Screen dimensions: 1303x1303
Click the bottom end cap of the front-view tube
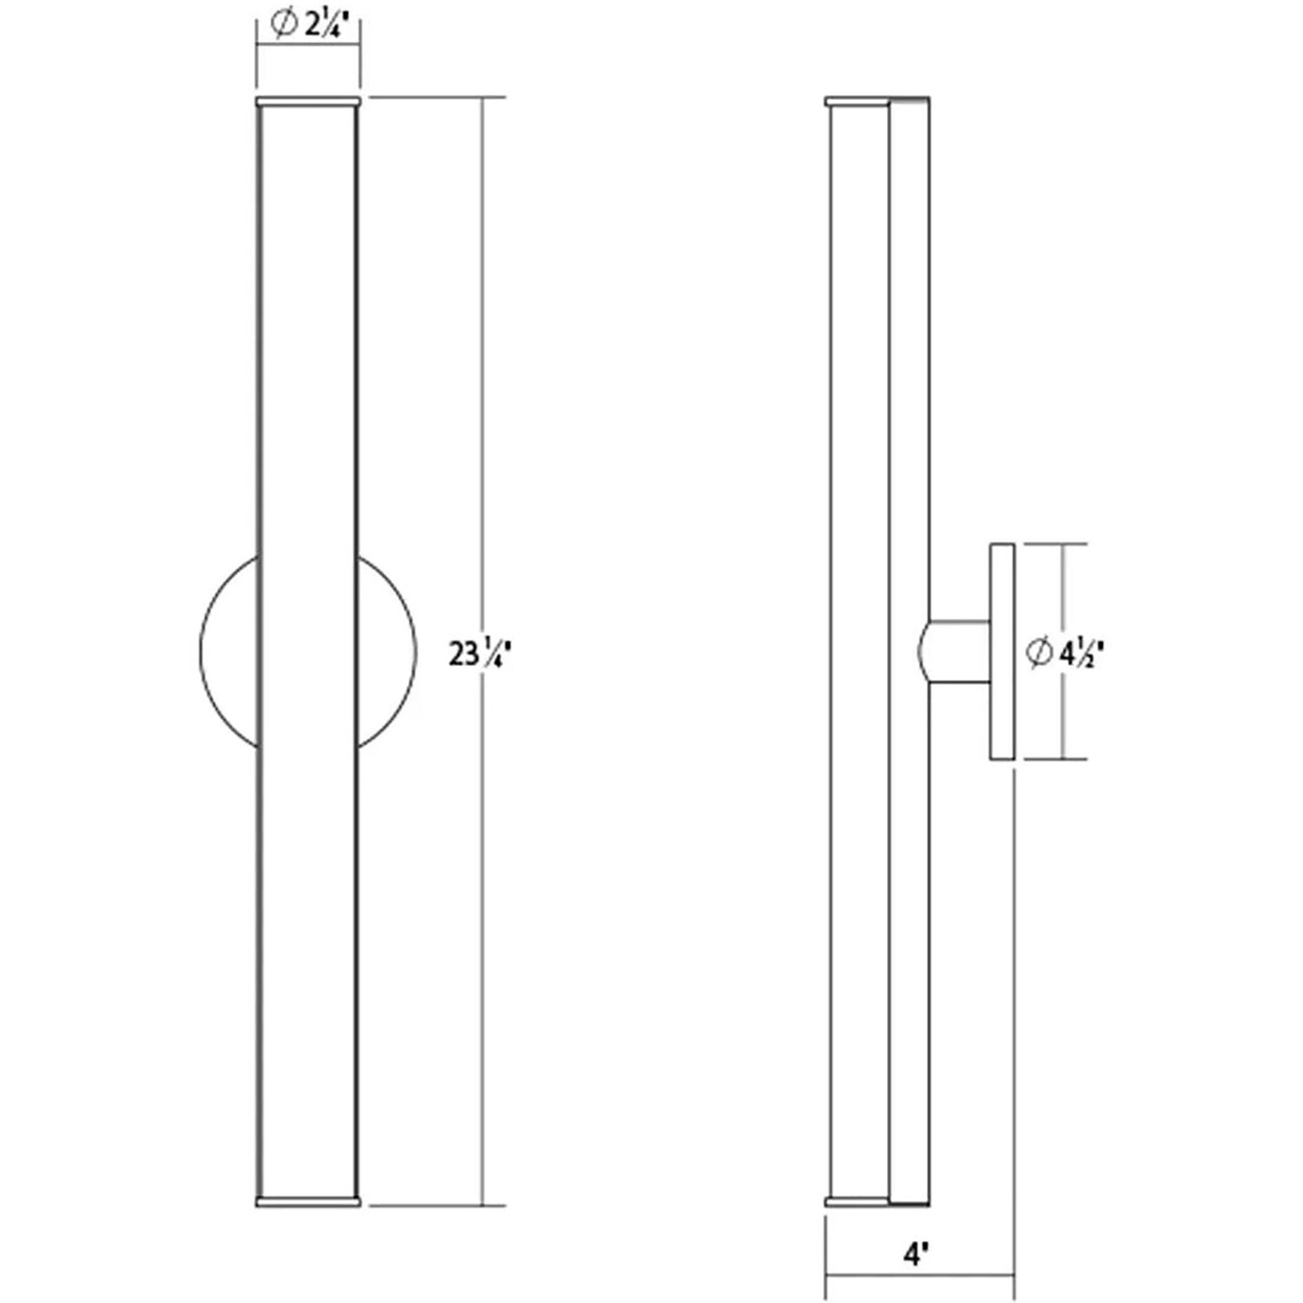click(x=308, y=1201)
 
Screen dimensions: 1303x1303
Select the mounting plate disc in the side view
click(x=1002, y=651)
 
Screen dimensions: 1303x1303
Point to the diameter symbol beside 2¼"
click(x=283, y=24)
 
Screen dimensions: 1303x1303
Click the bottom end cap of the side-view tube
click(x=856, y=1201)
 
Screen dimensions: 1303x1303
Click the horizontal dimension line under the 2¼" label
click(x=308, y=44)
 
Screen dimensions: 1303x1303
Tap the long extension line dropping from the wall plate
click(x=1015, y=1012)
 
